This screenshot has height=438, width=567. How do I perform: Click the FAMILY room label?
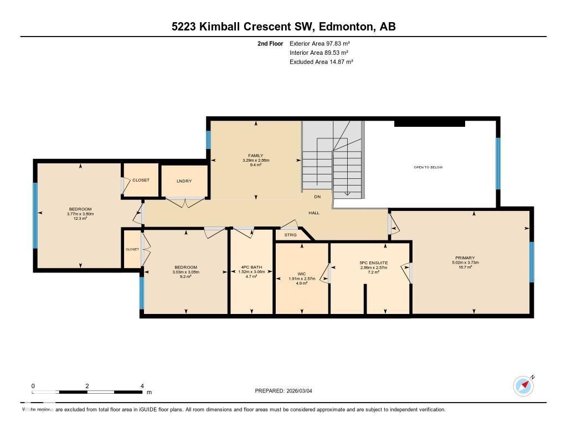255,156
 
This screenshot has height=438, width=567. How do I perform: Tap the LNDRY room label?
184,181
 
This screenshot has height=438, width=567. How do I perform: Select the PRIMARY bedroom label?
465,257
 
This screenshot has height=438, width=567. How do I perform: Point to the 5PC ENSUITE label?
374,262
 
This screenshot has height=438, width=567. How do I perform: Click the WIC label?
302,274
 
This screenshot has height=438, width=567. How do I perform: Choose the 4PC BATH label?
252,267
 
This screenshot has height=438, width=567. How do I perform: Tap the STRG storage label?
291,235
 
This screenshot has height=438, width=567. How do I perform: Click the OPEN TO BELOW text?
428,167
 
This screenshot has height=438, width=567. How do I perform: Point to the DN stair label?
317,197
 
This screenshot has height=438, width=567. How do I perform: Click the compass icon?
523,385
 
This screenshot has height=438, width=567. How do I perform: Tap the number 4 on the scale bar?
142,386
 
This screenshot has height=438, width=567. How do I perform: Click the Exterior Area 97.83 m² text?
319,43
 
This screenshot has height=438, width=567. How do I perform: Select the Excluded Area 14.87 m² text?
321,62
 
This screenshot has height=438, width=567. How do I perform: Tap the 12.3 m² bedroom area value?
80,219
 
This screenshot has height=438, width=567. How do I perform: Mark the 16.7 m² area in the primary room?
465,267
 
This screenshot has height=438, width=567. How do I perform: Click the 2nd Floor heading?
270,43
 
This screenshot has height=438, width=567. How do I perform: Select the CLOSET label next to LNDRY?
141,180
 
